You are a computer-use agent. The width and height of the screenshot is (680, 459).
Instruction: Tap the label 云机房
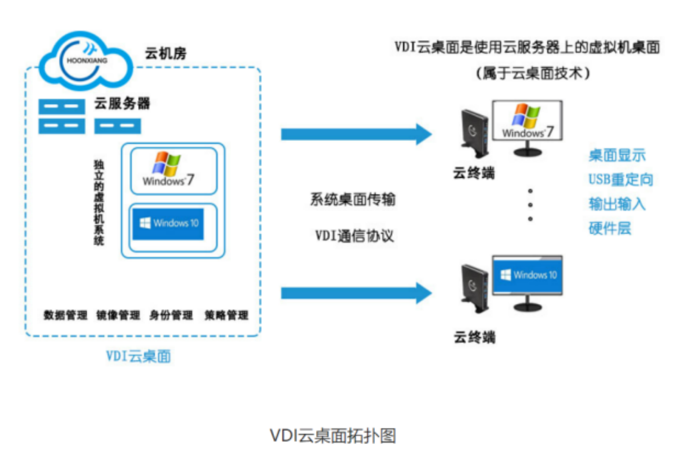(x=166, y=53)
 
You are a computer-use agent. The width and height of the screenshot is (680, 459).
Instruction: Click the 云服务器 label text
(x=122, y=104)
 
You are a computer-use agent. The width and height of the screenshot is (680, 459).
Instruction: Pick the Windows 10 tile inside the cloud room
(x=168, y=224)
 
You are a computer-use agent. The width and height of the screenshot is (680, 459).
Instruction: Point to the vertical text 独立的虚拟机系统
(x=99, y=203)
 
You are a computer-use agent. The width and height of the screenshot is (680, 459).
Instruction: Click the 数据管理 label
(x=65, y=315)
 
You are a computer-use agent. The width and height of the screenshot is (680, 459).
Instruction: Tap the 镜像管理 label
(x=118, y=315)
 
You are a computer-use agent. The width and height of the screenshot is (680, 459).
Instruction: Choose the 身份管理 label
(x=171, y=315)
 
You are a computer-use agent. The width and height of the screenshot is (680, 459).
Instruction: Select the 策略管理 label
(x=226, y=315)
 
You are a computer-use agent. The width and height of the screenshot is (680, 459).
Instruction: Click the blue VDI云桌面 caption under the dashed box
(x=139, y=356)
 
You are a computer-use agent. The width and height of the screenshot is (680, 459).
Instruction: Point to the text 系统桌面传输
(x=353, y=200)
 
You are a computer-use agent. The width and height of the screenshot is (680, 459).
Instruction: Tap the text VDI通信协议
(x=354, y=236)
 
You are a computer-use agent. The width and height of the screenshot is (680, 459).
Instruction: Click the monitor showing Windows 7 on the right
(x=527, y=121)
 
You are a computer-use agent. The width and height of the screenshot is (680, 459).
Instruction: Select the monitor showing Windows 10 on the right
(x=527, y=276)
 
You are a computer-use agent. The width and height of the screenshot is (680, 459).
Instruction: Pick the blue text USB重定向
(x=620, y=179)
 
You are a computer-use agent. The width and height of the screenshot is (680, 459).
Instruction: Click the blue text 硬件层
(x=610, y=228)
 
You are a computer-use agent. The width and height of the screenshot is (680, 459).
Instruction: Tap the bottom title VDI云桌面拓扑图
(x=333, y=435)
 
